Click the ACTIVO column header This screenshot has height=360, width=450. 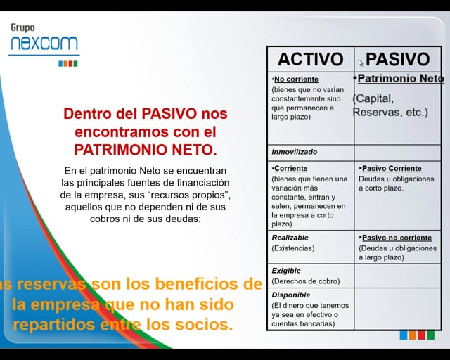click(310, 59)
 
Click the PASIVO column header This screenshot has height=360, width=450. click(397, 59)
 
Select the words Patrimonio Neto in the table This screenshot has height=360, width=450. click(400, 79)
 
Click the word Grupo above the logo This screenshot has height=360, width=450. click(22, 28)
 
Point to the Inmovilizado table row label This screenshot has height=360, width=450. click(295, 152)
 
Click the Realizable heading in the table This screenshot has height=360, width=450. click(290, 238)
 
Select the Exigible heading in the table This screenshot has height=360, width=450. click(286, 271)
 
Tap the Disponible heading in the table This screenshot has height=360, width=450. click(291, 295)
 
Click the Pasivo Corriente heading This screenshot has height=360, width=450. click(392, 169)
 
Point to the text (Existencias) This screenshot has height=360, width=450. click(293, 248)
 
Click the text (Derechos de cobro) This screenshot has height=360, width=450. click(306, 281)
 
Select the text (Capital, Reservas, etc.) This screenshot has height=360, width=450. click(390, 105)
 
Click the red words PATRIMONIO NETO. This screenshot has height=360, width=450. click(146, 149)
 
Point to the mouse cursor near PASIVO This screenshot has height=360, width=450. click(360, 62)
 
